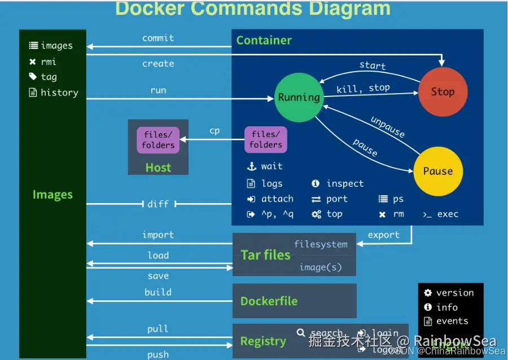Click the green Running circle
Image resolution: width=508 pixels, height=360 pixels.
pos(299,97)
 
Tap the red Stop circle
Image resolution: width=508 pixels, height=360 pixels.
pos(443,91)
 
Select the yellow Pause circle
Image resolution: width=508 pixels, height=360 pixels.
pos(438,171)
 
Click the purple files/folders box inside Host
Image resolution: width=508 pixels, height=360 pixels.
pos(158,140)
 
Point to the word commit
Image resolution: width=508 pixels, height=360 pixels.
pos(158,38)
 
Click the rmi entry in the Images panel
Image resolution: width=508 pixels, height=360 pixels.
pos(49,62)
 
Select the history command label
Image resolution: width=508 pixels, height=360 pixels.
pos(59,93)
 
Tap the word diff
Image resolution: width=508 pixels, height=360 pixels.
pos(158,204)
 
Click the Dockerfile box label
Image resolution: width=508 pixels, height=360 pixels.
pos(269,301)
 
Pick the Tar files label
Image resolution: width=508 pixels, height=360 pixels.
pos(265,254)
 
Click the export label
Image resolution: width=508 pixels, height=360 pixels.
pos(383,235)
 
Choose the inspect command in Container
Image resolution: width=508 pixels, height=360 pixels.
pos(345,183)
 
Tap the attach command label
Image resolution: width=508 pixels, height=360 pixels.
pos(277,199)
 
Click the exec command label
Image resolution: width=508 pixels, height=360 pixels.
pos(448,214)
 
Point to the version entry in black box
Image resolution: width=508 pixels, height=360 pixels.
pos(454,292)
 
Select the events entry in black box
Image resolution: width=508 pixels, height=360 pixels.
pos(452,321)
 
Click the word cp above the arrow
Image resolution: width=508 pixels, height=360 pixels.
pos(214,130)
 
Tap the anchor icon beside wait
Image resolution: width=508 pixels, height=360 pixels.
pos(251,166)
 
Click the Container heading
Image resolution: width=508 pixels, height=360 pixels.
pos(264,40)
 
